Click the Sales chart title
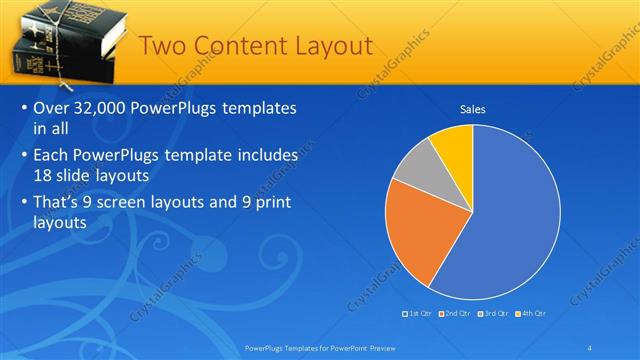pos(473,109)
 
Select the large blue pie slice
pos(500,220)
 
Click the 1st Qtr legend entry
pos(417,313)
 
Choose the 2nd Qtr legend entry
pos(454,313)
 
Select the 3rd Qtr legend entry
pos(492,313)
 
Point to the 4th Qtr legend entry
pos(529,313)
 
